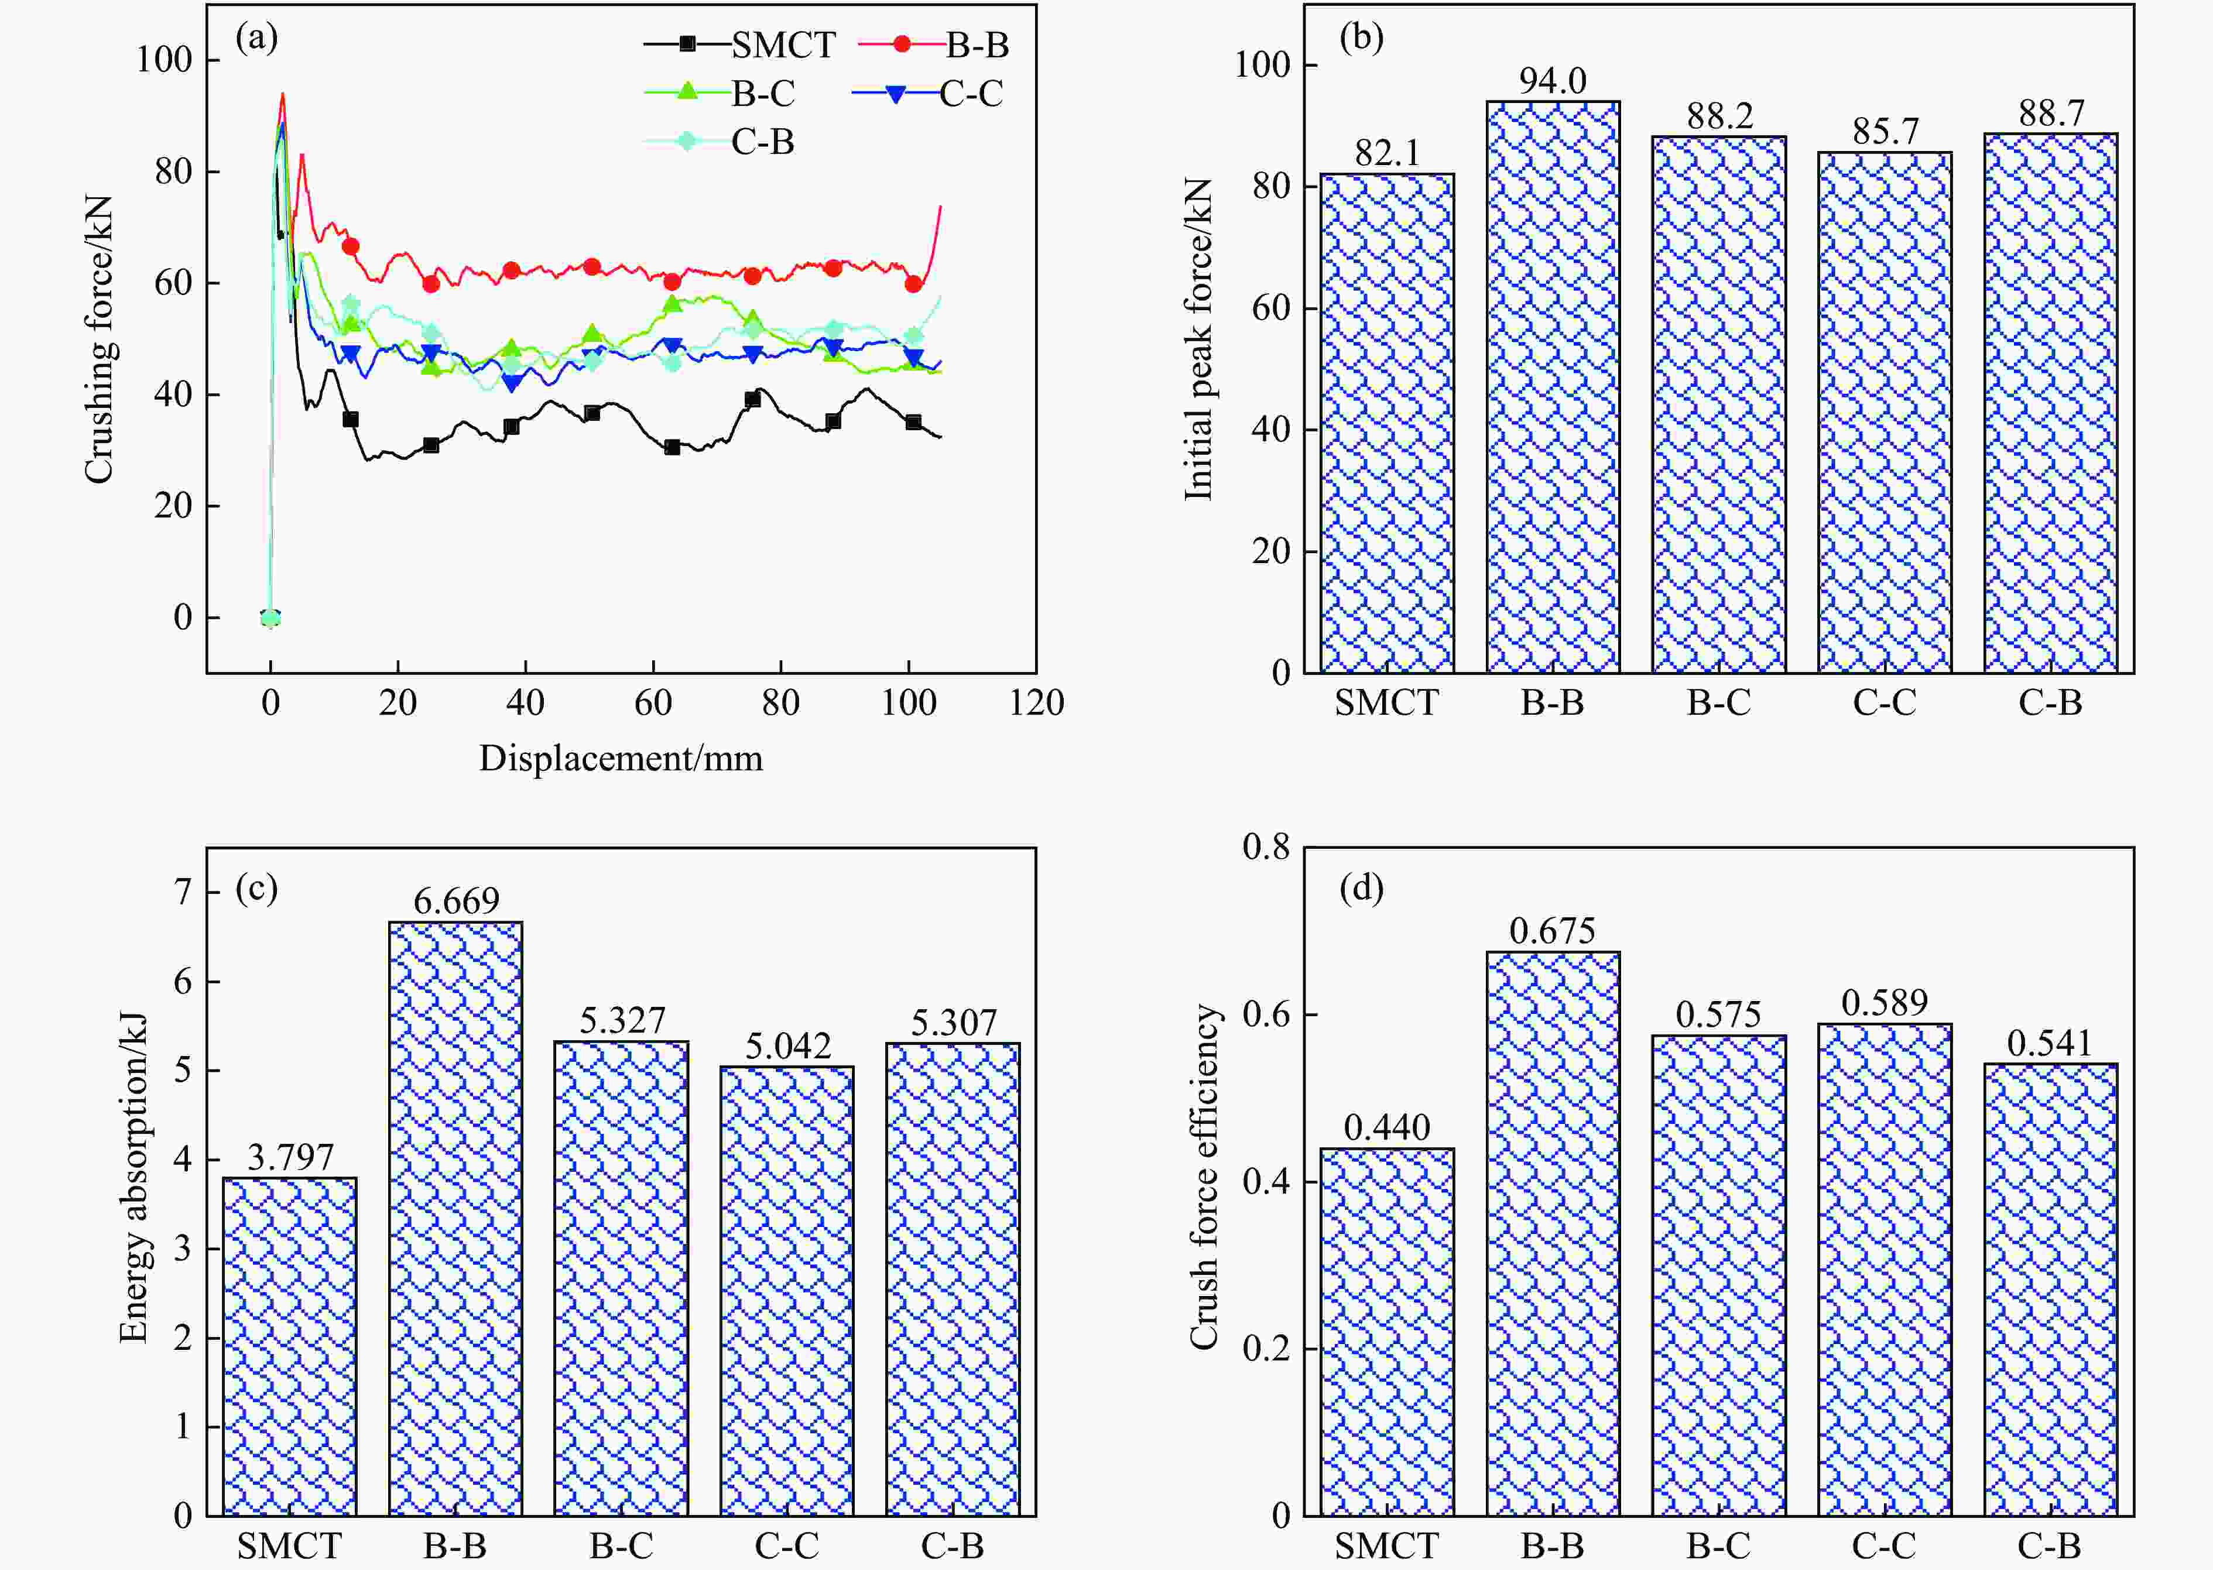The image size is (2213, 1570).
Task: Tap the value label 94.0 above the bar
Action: (1553, 80)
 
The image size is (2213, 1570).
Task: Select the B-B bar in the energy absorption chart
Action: (455, 1218)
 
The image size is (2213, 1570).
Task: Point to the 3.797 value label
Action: (290, 1157)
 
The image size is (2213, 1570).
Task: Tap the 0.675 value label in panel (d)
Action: (1553, 931)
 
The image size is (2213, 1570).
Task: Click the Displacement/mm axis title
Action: (621, 759)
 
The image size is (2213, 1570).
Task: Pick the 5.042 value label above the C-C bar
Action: (788, 1046)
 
